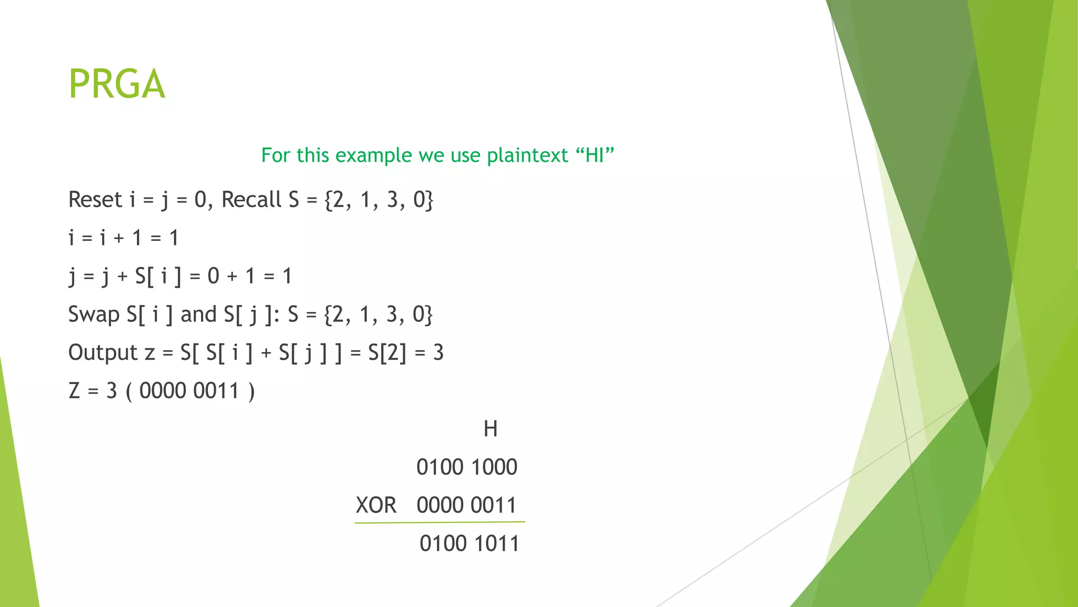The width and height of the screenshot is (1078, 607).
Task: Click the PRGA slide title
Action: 117,84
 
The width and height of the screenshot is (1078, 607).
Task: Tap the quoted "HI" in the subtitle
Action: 595,155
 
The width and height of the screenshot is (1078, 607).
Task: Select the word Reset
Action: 95,200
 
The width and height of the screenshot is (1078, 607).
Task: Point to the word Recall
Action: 252,200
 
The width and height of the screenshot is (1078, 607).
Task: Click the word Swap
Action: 94,315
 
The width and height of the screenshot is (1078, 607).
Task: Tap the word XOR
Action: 376,505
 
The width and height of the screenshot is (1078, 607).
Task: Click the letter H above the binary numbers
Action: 490,429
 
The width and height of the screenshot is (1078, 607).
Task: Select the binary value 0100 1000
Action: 467,467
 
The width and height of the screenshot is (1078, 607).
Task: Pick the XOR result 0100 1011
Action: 469,544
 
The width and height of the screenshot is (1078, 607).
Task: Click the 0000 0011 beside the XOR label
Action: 467,505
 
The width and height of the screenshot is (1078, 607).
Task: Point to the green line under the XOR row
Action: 440,522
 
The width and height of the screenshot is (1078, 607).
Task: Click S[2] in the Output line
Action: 387,353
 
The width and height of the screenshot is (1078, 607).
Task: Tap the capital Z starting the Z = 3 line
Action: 74,391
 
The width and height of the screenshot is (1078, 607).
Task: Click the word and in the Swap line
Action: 198,315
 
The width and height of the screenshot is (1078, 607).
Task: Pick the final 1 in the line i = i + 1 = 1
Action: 174,238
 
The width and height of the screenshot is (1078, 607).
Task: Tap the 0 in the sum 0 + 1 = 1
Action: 213,276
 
